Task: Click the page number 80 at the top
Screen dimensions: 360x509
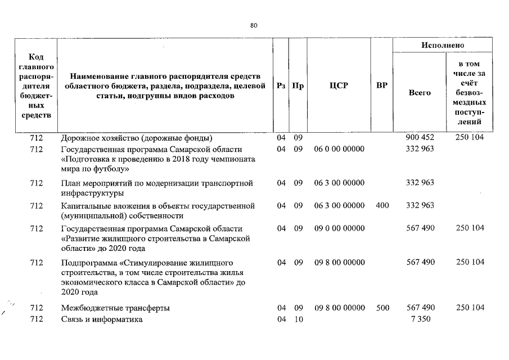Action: point(254,25)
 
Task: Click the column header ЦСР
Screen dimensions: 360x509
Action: point(339,86)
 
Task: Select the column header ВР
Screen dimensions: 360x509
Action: point(381,86)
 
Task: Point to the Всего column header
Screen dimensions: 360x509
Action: point(420,92)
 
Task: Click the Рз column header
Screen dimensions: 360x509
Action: point(281,86)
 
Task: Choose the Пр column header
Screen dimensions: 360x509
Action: point(298,86)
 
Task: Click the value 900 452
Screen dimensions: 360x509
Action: point(420,137)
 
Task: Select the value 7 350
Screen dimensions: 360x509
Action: point(420,319)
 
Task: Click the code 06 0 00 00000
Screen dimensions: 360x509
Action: point(339,149)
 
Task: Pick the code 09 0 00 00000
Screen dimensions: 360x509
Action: point(339,228)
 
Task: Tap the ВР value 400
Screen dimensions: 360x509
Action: point(382,205)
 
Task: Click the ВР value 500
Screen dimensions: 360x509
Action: point(382,308)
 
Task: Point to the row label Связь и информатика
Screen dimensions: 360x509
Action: point(102,319)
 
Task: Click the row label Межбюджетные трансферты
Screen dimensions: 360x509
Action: point(115,308)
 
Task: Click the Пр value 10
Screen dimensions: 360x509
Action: point(298,319)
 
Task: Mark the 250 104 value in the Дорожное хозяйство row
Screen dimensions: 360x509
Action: point(470,137)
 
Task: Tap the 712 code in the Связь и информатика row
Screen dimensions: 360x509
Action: point(37,319)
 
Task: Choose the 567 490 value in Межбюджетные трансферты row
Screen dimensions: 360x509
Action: point(420,308)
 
